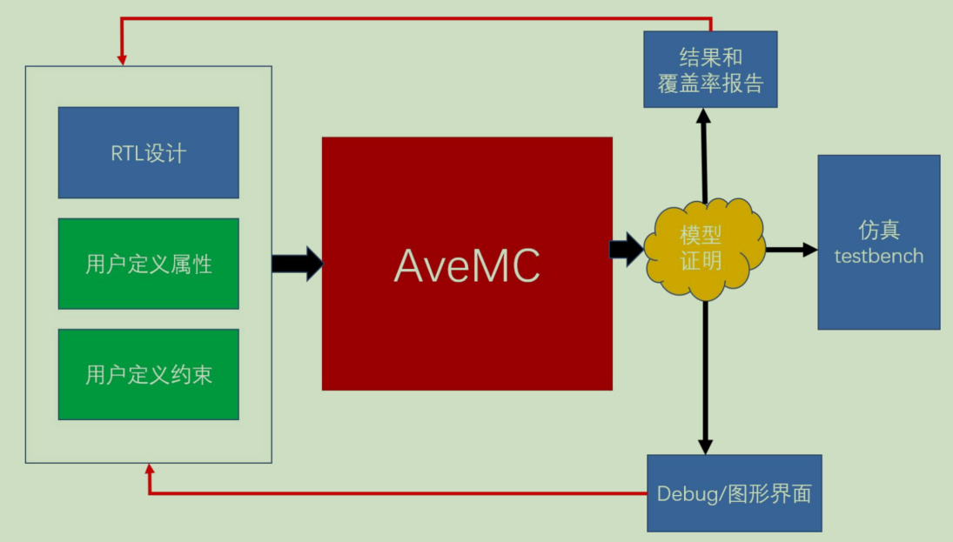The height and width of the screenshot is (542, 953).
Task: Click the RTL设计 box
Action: [148, 153]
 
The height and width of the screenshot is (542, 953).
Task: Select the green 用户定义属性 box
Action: [148, 264]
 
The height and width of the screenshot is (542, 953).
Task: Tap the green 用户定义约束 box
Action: [148, 375]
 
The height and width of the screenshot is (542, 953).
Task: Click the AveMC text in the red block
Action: [467, 264]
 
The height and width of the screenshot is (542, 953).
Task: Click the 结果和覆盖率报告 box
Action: [710, 70]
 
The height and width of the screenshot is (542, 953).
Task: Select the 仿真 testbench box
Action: [878, 243]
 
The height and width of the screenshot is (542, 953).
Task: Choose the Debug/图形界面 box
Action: [734, 493]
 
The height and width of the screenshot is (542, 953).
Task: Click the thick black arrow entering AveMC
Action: [297, 264]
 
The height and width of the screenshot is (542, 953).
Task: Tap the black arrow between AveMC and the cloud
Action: [626, 250]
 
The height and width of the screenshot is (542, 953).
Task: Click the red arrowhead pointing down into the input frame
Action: [122, 58]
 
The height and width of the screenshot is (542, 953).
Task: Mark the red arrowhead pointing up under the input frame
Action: [150, 470]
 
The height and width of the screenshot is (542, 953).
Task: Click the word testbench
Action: [878, 256]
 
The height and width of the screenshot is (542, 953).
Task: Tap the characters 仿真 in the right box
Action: [878, 231]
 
